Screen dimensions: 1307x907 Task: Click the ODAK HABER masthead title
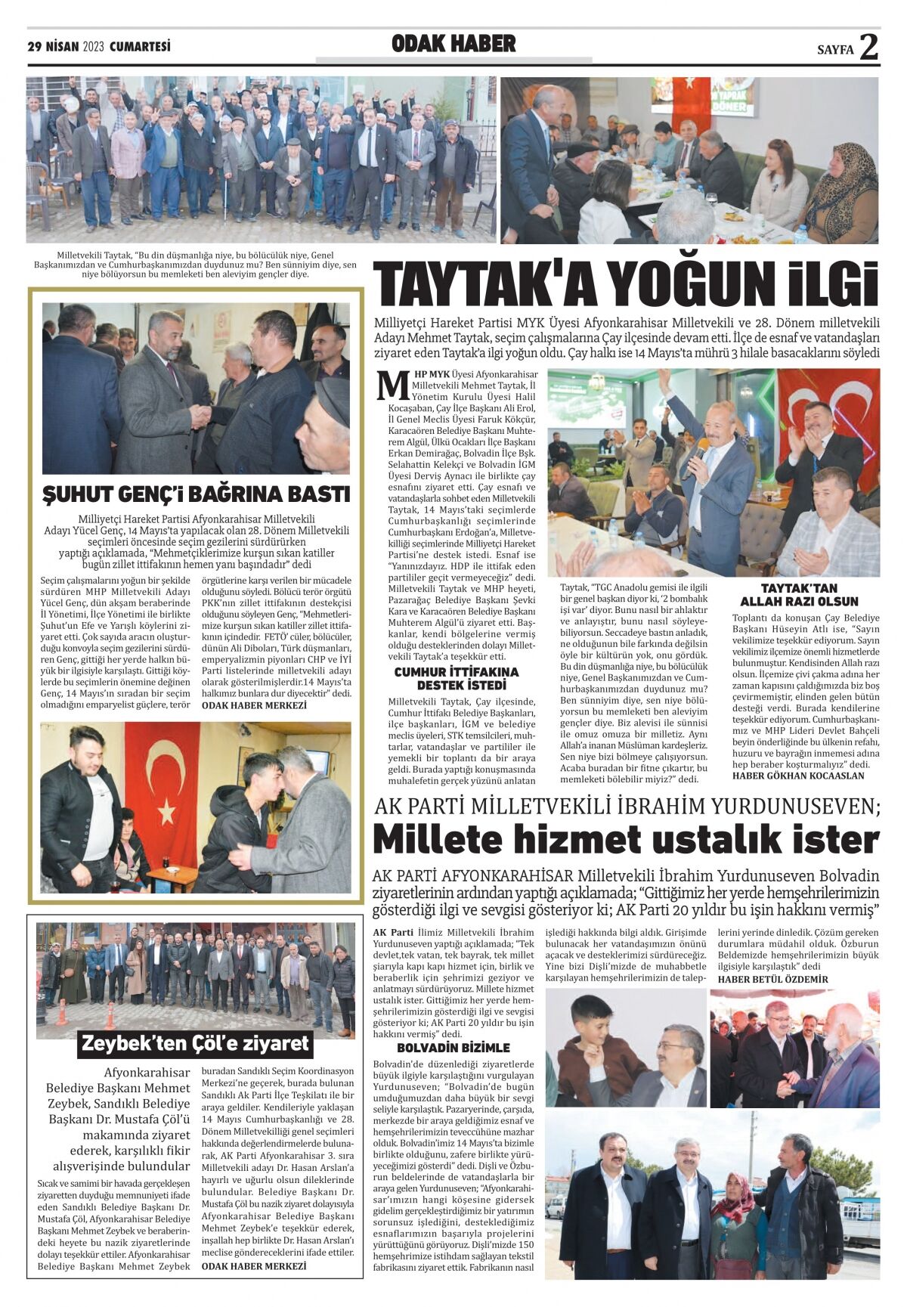(x=453, y=44)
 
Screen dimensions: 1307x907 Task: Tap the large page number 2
(x=868, y=47)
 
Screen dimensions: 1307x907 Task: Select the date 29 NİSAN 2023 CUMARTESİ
(x=99, y=47)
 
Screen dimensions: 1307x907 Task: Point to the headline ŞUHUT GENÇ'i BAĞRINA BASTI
(x=196, y=494)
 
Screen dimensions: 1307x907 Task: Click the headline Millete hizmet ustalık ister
(x=626, y=840)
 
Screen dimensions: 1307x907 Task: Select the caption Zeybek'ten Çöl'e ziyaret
(x=195, y=1044)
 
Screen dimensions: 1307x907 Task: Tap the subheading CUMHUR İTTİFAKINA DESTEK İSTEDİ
(x=457, y=678)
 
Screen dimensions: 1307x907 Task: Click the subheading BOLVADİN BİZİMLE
(x=453, y=1048)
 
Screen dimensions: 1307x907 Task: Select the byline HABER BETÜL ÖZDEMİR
(x=772, y=979)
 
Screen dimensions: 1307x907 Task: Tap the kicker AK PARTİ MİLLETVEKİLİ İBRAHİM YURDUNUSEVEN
(x=626, y=807)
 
